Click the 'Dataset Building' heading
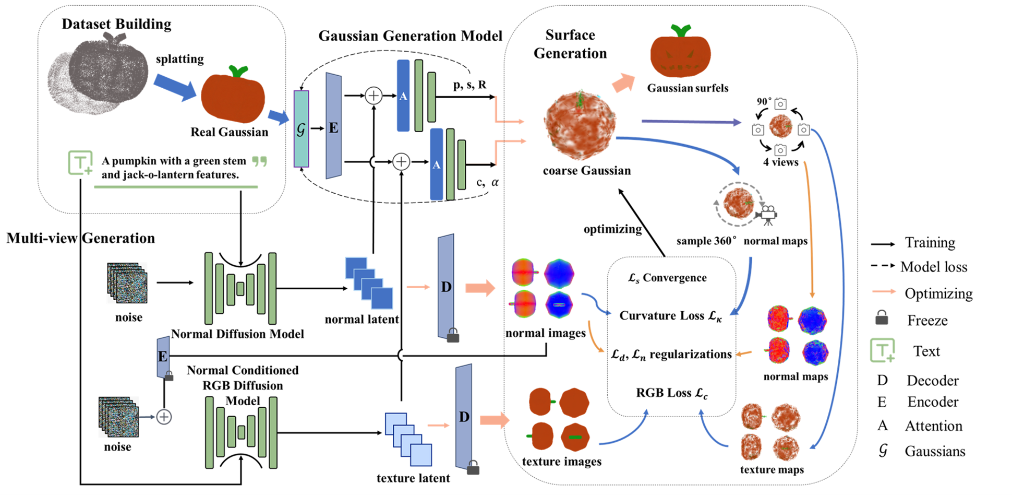116,24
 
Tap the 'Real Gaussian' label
229,132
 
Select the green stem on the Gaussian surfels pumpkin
680,31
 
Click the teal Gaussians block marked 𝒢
301,128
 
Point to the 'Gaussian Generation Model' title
410,36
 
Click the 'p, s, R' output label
469,85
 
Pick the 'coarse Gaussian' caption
586,171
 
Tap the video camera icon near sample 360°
767,214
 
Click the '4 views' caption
780,162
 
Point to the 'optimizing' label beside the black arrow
612,229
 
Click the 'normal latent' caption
362,319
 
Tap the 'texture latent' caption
413,478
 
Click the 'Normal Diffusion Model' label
237,334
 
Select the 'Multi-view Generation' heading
80,238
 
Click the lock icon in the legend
882,317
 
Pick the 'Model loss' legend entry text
933,267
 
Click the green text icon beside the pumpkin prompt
80,162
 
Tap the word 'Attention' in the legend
933,426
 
